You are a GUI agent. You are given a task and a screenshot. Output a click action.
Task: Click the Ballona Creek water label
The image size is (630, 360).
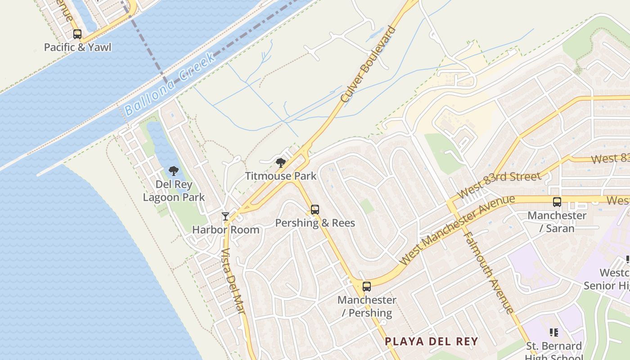(x=170, y=85)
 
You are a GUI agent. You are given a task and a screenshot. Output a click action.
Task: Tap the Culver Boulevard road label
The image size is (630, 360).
(x=369, y=64)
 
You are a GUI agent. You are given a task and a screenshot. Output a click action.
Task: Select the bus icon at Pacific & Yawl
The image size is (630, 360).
(x=77, y=34)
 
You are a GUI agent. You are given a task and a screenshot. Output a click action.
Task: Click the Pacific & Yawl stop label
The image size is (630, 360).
(x=77, y=47)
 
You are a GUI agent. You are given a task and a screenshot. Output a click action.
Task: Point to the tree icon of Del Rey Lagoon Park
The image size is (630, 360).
(x=174, y=171)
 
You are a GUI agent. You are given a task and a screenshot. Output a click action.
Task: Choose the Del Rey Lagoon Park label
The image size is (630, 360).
(x=174, y=191)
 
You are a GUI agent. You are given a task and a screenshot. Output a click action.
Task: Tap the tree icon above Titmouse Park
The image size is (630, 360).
(x=281, y=163)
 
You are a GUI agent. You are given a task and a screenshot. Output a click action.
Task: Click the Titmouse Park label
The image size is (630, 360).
(x=281, y=176)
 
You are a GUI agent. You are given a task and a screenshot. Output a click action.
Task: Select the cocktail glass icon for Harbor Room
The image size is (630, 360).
(x=225, y=216)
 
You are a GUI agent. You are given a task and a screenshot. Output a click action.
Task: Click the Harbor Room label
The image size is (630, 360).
(x=226, y=229)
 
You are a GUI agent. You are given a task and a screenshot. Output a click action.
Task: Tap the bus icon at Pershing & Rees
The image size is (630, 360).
(x=315, y=210)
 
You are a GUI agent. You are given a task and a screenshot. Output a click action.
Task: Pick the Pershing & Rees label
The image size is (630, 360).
(x=315, y=223)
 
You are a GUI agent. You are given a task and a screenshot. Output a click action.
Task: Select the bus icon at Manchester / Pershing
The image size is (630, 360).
(x=367, y=286)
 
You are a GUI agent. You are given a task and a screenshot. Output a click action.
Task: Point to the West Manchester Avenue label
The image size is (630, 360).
(x=457, y=230)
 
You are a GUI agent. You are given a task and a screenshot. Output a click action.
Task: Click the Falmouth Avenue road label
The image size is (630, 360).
(x=489, y=272)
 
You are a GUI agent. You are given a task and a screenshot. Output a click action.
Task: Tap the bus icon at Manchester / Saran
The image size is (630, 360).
(x=557, y=202)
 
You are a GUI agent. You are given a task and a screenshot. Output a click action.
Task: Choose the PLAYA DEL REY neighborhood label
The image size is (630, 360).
(x=431, y=341)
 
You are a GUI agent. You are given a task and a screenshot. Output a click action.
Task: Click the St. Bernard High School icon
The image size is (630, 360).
(x=554, y=333)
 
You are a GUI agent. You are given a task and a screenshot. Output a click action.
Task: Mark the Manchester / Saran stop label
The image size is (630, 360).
(x=557, y=222)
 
